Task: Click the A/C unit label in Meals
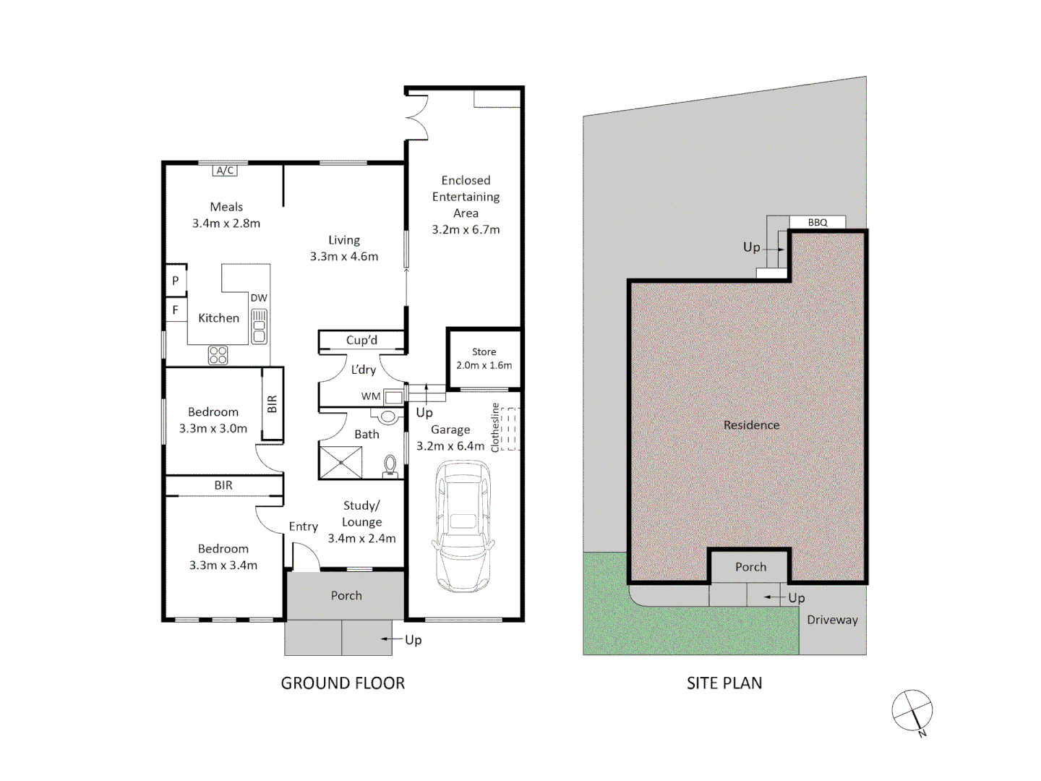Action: [x=225, y=171]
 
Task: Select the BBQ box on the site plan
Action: [x=817, y=222]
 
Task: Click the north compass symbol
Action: [x=912, y=710]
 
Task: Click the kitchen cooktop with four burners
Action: [x=218, y=355]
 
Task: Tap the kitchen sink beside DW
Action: [x=259, y=326]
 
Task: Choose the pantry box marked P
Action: [x=176, y=281]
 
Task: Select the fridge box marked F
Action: [x=176, y=310]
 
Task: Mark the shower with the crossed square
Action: [x=340, y=463]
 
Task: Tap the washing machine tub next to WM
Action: [x=393, y=396]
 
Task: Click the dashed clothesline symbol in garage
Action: [x=510, y=429]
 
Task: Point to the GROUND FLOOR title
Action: [x=343, y=683]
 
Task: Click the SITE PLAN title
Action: [x=724, y=683]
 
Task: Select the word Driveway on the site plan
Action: [x=832, y=620]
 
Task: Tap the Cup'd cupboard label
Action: [x=361, y=340]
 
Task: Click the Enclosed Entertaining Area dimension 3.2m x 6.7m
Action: [x=466, y=229]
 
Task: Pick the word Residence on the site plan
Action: [x=751, y=425]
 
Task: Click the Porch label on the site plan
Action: [x=750, y=567]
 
